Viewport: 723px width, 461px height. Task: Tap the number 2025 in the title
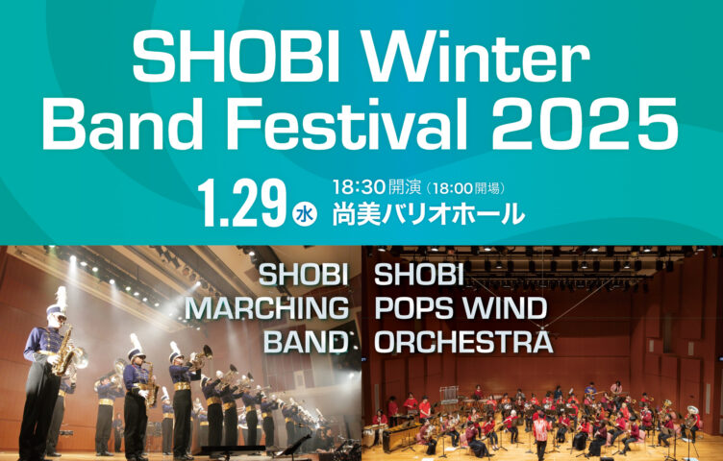point(585,124)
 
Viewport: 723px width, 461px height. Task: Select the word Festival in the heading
point(355,124)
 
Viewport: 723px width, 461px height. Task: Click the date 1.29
point(242,203)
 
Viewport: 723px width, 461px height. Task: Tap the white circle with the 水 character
point(305,213)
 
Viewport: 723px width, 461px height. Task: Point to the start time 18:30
point(359,187)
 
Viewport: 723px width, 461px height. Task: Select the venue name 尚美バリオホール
point(429,213)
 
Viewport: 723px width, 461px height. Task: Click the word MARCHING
point(267,308)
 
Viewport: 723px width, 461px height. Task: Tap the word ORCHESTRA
point(463,342)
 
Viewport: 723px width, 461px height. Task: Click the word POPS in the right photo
point(417,308)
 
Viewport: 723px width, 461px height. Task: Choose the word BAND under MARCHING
point(306,342)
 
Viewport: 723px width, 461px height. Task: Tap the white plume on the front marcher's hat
point(61,297)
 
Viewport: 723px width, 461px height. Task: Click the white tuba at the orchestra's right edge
point(691,416)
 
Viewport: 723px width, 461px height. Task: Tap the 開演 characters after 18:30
point(405,187)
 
